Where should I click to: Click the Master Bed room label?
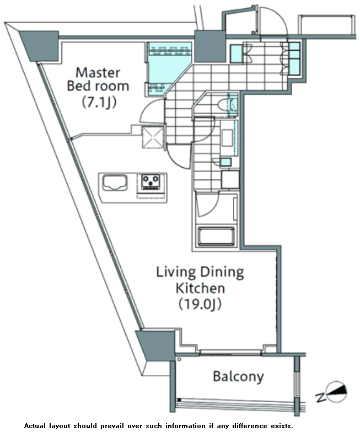click(x=98, y=79)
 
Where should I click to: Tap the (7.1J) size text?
click(x=99, y=103)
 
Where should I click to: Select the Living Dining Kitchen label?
click(x=200, y=280)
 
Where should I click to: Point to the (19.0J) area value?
click(x=200, y=305)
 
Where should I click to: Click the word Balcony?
click(x=238, y=376)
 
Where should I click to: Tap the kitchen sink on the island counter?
click(x=115, y=183)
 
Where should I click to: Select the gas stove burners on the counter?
click(x=151, y=182)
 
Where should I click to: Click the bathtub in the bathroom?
click(x=216, y=236)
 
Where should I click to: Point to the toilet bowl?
click(x=223, y=105)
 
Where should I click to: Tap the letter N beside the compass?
click(x=320, y=398)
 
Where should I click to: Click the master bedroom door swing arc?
click(x=152, y=111)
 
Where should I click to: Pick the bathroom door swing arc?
click(x=207, y=204)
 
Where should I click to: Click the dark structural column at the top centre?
click(x=210, y=46)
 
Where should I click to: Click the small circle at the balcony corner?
click(x=179, y=359)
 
